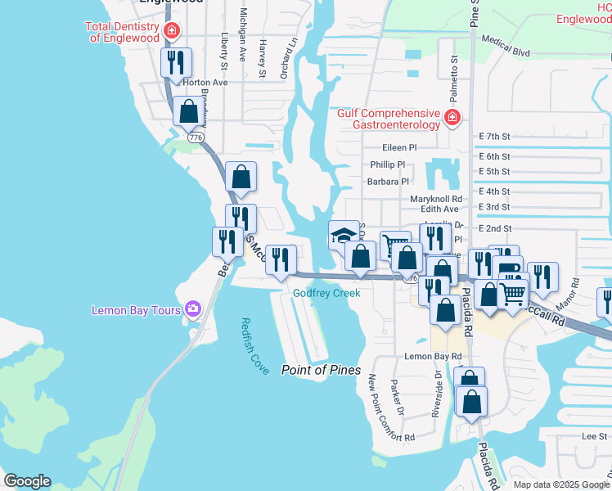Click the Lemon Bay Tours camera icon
tap(193, 309)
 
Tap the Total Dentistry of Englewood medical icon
tap(171, 31)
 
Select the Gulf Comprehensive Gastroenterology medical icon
tap(452, 119)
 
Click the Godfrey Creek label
tap(327, 293)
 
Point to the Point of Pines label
tap(321, 370)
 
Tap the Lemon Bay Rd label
tap(433, 357)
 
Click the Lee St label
tap(593, 437)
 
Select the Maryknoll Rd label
tap(435, 198)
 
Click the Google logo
tap(27, 481)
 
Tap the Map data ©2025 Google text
tap(560, 484)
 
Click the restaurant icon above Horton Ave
tap(176, 62)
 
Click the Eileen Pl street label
tap(399, 147)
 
